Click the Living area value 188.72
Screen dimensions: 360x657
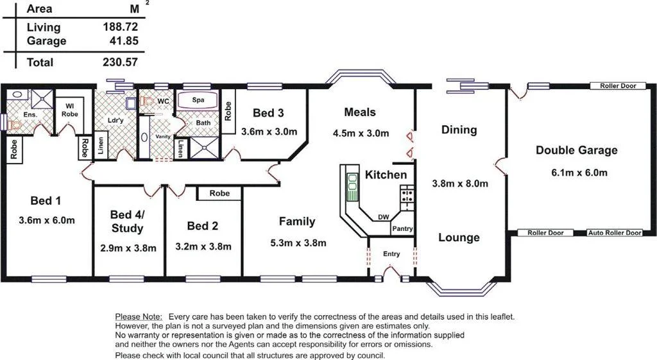click(x=121, y=27)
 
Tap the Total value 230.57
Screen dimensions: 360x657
click(x=121, y=62)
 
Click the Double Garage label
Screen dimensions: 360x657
click(x=576, y=150)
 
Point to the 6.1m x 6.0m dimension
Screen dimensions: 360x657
click(x=579, y=173)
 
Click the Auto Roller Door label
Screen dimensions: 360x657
click(x=615, y=233)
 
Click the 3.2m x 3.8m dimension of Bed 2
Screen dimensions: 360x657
click(x=203, y=246)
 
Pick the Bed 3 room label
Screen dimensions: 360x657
click(x=268, y=113)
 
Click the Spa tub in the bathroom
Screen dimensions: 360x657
click(x=198, y=101)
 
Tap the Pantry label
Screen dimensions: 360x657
click(x=402, y=228)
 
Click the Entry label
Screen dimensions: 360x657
click(x=391, y=253)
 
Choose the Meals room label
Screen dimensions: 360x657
click(x=360, y=112)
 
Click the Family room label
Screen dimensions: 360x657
click(x=296, y=221)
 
